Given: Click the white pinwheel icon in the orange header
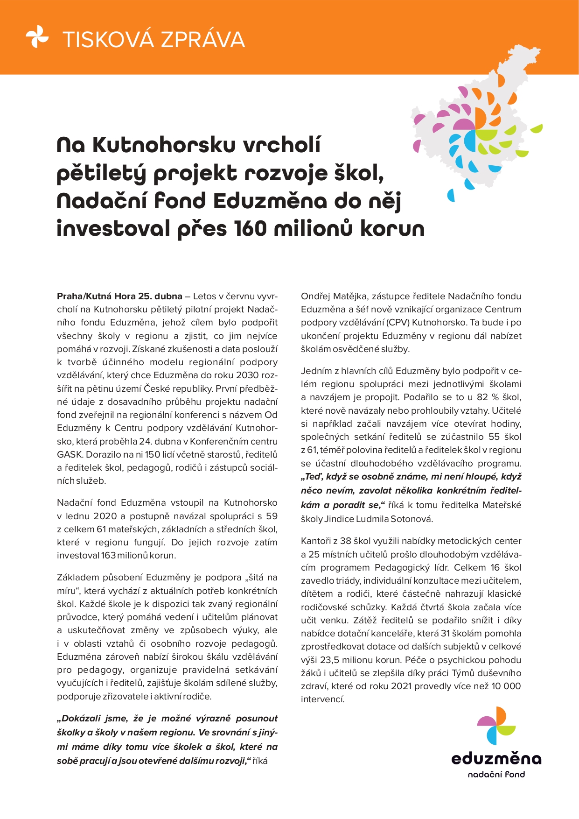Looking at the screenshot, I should pyautogui.click(x=37, y=37).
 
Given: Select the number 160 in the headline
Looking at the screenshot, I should pyautogui.click(x=247, y=229).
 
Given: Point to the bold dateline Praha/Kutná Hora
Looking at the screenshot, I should pyautogui.click(x=96, y=296).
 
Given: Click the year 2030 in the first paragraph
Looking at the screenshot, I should pyautogui.click(x=248, y=375).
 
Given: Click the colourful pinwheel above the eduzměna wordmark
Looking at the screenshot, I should pyautogui.click(x=496, y=725).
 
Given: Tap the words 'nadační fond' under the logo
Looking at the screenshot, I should pyautogui.click(x=496, y=775).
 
